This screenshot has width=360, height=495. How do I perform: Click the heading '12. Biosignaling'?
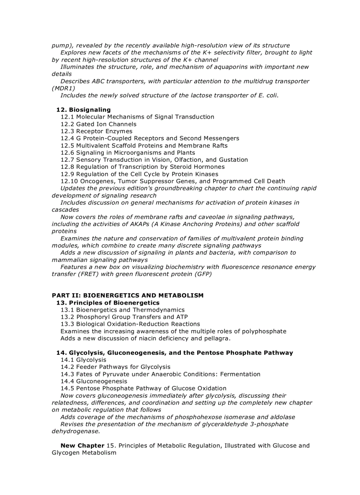pos(83,110)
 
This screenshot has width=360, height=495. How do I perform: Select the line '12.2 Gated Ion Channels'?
pos(98,124)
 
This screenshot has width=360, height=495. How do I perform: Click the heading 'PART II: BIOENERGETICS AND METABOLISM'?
pos(127,295)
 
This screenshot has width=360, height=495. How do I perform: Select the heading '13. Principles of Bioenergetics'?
pos(108,303)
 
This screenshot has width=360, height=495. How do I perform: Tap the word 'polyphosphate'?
pos(264,331)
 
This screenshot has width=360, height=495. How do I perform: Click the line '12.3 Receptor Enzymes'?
pos(96,131)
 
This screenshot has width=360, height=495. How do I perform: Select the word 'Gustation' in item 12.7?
pos(232,160)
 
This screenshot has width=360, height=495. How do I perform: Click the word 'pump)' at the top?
pos(62,45)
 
